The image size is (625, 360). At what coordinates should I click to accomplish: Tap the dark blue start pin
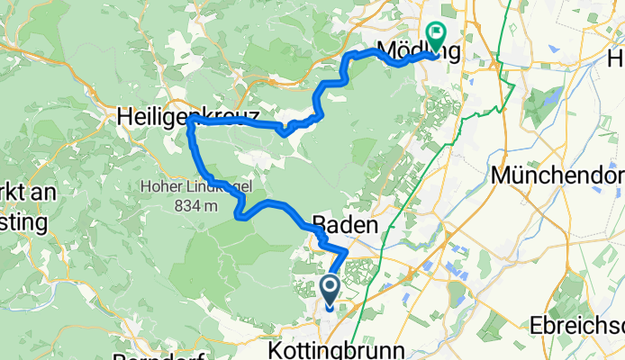coord(330,291)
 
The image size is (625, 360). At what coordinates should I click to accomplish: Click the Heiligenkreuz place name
coord(188,116)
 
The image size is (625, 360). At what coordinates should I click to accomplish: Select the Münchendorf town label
coord(557,175)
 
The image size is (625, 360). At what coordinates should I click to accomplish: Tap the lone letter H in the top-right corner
coord(615,59)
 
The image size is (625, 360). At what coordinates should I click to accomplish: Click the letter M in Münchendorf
coord(503,175)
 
